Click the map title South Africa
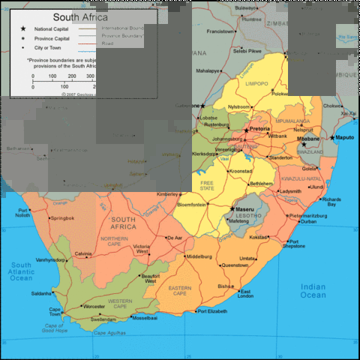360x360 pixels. tap(79, 16)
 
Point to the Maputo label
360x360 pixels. tap(344, 138)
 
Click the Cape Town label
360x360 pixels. tap(55, 312)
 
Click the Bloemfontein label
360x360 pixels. tap(192, 204)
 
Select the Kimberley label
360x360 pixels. tap(167, 194)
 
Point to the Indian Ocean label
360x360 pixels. tap(313, 291)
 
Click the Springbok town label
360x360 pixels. tap(62, 218)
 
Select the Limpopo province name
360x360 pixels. tap(256, 83)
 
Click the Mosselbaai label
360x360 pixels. tap(145, 318)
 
